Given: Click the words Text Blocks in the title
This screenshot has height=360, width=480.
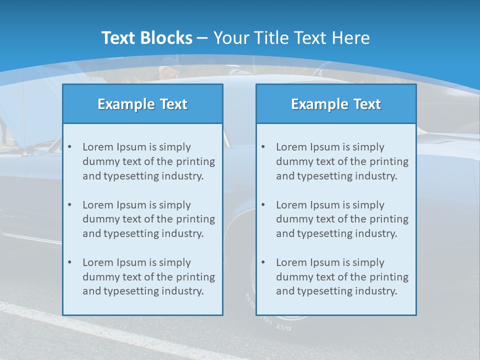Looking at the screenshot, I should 146,38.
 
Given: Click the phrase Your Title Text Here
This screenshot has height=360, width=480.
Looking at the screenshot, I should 291,38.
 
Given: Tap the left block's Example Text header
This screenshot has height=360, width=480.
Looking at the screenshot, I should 142,104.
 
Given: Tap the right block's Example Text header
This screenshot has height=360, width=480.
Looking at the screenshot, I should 336,104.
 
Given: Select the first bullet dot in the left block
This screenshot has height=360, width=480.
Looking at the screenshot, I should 69,147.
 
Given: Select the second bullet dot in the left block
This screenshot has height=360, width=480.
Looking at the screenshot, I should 69,205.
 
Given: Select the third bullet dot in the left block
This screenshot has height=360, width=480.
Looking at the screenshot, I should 69,262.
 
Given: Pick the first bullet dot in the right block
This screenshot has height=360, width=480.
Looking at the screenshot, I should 263,147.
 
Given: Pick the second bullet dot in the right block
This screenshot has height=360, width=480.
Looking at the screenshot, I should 263,205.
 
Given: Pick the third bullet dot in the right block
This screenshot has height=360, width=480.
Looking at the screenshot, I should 263,262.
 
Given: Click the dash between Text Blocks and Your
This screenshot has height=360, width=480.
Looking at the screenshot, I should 203,38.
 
